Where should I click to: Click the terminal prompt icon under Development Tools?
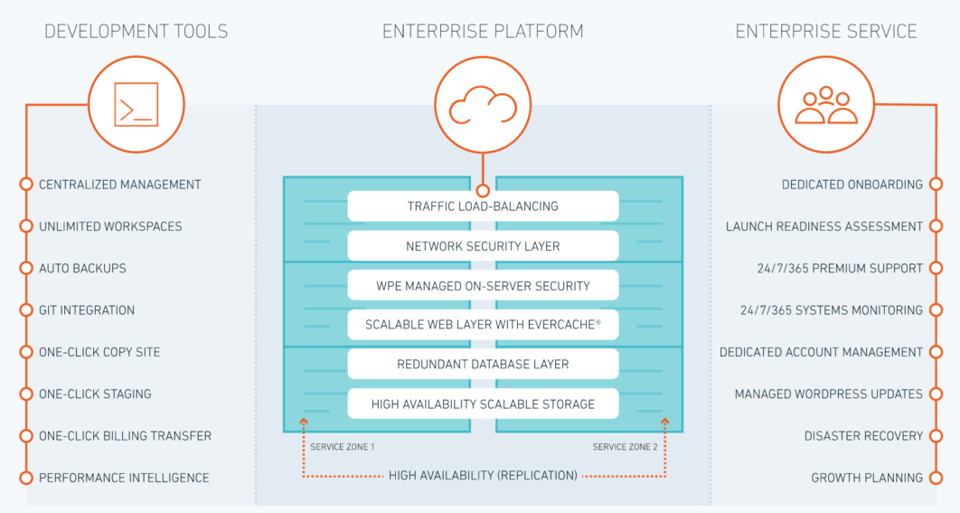tap(136, 104)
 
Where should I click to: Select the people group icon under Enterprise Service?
tap(825, 105)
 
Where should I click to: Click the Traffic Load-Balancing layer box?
tap(483, 206)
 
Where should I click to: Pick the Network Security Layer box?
tap(483, 246)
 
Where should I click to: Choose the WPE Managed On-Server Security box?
tap(483, 286)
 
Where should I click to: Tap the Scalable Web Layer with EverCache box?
tap(483, 325)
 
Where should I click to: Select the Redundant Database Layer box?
tap(483, 365)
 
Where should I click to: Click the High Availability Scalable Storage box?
tap(483, 404)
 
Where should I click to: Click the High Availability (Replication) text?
tap(483, 475)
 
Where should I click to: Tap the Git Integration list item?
tap(87, 310)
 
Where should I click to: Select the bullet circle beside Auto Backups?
tap(26, 269)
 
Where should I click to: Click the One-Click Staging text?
tap(95, 394)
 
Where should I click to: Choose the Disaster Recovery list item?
tap(863, 436)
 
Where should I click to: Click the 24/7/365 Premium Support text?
tap(840, 269)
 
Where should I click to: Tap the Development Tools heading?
tap(136, 32)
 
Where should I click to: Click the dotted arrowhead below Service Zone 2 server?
tap(665, 422)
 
